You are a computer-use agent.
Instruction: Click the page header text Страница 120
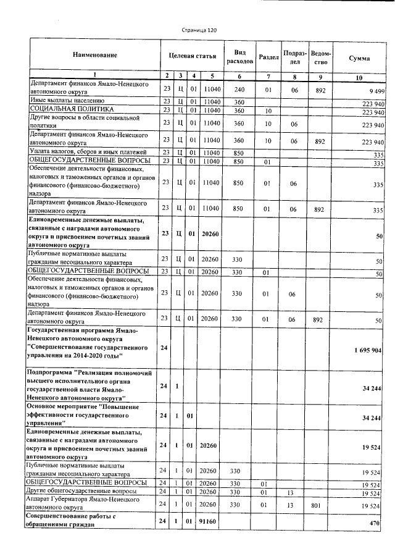199,30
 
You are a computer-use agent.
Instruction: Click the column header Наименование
94,56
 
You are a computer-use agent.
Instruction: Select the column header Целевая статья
192,56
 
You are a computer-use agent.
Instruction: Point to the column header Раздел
268,57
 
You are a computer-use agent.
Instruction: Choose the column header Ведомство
319,57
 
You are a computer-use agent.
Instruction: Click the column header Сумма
359,57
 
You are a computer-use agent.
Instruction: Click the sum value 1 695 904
367,350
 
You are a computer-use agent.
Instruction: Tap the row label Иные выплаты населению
67,101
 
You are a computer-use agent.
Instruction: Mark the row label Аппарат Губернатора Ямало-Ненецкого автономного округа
86,505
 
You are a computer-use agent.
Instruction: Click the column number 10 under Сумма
359,77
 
